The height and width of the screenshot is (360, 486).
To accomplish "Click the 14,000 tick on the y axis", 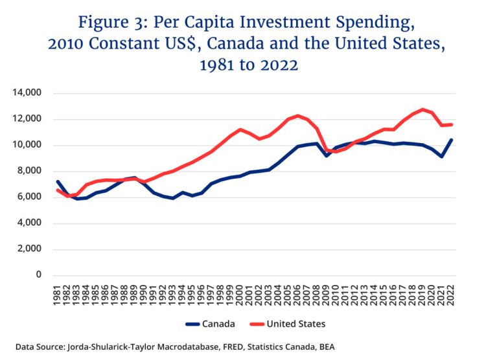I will [x=29, y=93].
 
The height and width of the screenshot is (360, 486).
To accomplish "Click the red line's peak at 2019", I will [x=422, y=109].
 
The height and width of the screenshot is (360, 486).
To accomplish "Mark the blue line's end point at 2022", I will [x=451, y=140].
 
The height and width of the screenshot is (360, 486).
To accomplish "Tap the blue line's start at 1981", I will [x=58, y=182].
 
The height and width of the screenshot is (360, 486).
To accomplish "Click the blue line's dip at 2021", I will [x=442, y=156].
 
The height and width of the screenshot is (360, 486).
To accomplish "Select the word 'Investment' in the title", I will [x=263, y=23].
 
